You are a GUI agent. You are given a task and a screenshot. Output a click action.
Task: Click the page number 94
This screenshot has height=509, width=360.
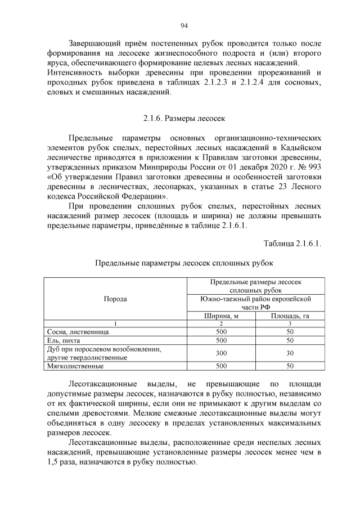183,25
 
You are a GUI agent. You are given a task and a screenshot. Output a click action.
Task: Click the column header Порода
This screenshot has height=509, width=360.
116,299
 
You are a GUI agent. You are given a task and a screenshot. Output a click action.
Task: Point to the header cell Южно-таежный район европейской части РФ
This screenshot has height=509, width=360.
255,303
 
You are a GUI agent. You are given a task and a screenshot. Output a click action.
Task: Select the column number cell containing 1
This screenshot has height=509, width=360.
116,324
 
